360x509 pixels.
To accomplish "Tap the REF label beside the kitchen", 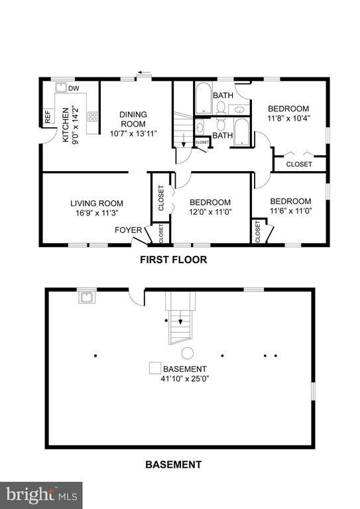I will point(48,117).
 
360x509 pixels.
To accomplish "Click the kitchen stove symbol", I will point(93,117).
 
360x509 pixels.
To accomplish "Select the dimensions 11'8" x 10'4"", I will point(288,119).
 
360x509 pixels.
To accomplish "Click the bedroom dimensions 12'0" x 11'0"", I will point(210,213).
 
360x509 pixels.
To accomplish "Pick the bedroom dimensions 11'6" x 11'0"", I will point(290,211).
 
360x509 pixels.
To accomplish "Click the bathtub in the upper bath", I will point(202,97).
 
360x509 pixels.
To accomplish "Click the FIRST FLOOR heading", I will point(173,260).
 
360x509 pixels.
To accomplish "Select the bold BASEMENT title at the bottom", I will point(173,464).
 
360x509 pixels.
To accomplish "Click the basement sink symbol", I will point(86,297).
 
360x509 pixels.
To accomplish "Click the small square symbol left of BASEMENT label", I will point(154,368).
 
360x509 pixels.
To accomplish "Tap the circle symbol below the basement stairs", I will point(188,352).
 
